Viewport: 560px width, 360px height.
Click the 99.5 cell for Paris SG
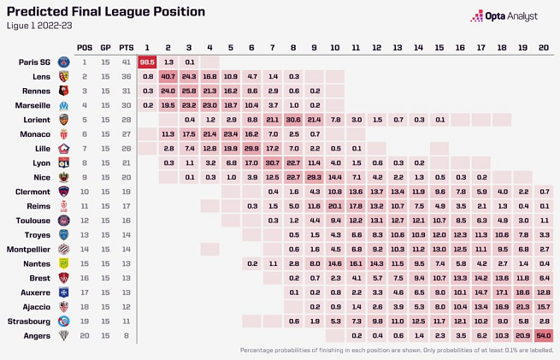(147, 62)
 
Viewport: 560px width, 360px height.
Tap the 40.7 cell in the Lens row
(168, 77)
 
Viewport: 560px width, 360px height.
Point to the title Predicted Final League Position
(106, 12)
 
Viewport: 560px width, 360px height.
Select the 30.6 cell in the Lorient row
(293, 120)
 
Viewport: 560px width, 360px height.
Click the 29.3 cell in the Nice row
(315, 177)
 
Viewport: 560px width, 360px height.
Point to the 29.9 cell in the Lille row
(251, 149)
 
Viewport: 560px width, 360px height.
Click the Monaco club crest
(63, 134)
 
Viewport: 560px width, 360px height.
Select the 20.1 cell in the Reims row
(335, 206)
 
